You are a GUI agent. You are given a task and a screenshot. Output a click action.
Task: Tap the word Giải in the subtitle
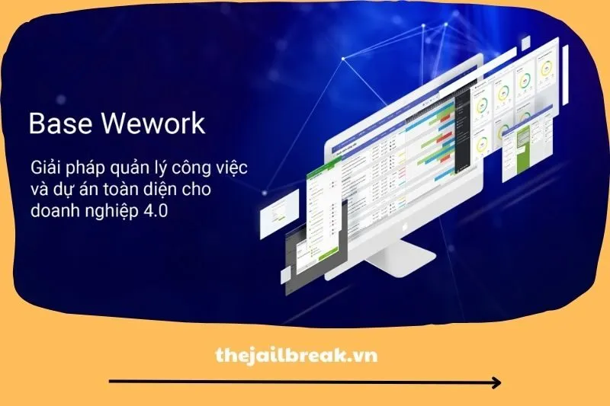coord(47,168)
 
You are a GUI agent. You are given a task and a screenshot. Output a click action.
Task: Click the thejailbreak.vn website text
coord(297,355)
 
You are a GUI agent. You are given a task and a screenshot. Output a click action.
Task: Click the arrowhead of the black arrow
coord(496,382)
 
